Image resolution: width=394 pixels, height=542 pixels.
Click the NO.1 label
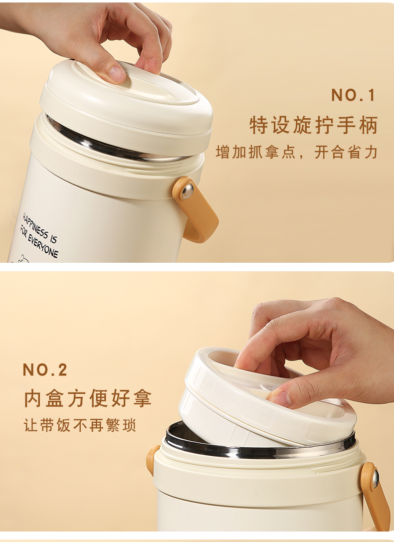353,95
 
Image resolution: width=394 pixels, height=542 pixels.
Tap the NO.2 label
45,369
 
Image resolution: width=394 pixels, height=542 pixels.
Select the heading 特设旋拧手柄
314,125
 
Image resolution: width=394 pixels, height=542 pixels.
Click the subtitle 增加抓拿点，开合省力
297,152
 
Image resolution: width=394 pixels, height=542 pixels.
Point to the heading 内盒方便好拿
88,398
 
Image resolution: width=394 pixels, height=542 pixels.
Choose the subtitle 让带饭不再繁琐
80,425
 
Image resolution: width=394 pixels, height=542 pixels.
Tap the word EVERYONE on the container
43,245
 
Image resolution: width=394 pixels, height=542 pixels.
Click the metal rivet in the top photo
188,191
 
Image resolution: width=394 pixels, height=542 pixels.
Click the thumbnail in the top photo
117,74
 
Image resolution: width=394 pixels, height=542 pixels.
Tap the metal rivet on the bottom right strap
375,479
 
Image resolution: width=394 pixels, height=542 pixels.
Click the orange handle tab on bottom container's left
153,460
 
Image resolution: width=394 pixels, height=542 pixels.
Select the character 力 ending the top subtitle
371,152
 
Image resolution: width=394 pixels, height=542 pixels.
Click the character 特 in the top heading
259,125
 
